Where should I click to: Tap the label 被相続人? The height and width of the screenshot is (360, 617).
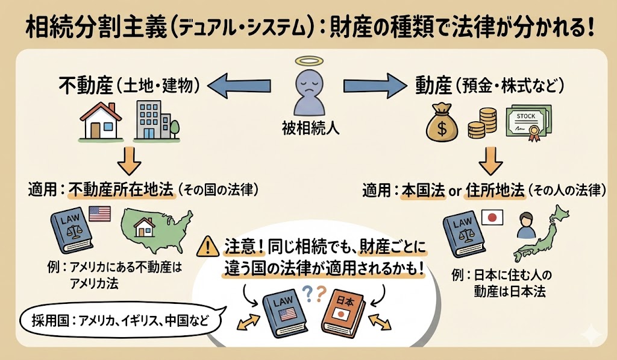point(308,127)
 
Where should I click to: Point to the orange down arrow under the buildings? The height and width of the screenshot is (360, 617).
point(128,158)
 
